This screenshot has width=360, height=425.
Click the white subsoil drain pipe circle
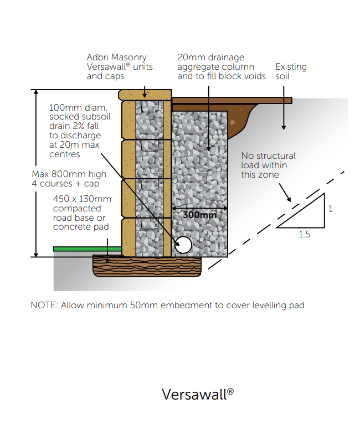(x=183, y=244)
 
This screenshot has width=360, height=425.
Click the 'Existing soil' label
(x=291, y=71)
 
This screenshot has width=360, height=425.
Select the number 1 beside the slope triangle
(x=331, y=209)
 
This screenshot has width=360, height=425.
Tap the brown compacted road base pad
(x=146, y=267)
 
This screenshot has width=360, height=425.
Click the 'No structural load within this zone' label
(x=268, y=165)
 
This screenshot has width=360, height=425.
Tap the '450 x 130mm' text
(x=82, y=199)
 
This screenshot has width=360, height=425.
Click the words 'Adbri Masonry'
(x=117, y=57)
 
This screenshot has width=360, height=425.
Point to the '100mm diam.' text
(x=78, y=107)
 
